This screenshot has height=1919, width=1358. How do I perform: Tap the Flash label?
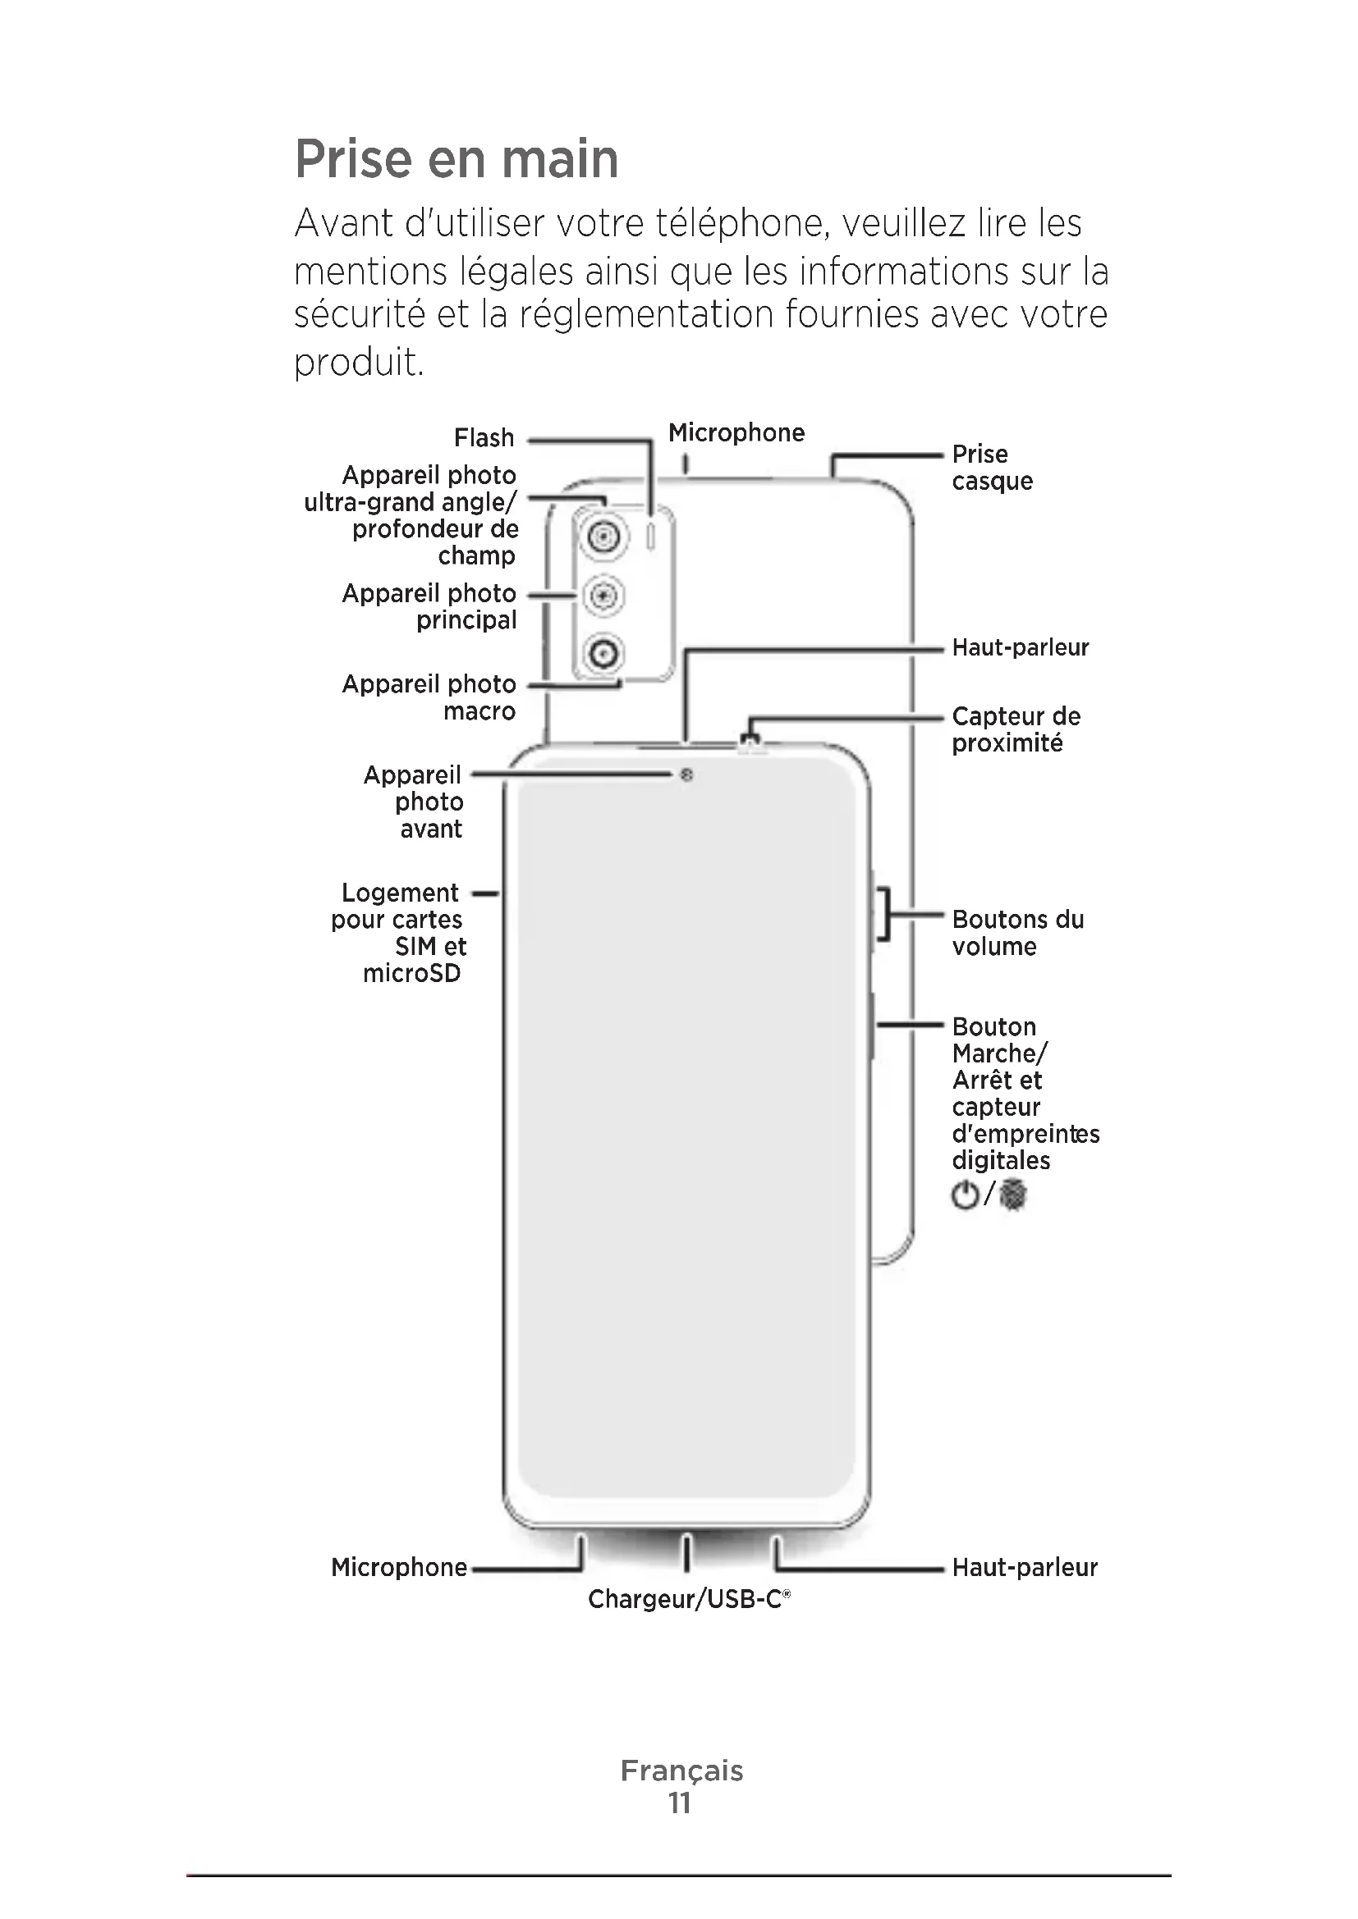point(484,438)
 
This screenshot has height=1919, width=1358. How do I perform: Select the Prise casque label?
point(992,468)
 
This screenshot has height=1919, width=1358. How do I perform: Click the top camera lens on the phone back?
point(603,536)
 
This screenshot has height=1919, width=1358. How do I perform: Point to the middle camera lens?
point(603,596)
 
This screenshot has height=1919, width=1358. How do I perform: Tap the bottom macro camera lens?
point(603,654)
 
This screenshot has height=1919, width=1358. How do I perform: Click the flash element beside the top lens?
point(651,537)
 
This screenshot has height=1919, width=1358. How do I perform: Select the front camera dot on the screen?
point(686,775)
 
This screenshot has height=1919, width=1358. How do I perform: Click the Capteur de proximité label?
point(1015,729)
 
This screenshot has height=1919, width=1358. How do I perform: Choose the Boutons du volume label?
point(1016,933)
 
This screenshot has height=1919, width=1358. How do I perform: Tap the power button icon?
point(965,1195)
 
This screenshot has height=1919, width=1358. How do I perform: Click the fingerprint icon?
point(1013,1195)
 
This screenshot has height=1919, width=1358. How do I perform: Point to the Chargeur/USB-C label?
point(687,1599)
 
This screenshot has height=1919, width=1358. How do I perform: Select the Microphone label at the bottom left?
point(399,1567)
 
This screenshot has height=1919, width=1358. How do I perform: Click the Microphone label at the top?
point(736,433)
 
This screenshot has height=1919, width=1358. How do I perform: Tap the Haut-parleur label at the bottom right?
point(1025,1567)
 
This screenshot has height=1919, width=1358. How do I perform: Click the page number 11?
point(680,1802)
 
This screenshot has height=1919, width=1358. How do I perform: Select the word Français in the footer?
point(681,1771)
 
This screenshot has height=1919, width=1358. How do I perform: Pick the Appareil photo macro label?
point(429,698)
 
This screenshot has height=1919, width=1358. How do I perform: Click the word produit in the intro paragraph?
point(358,363)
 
